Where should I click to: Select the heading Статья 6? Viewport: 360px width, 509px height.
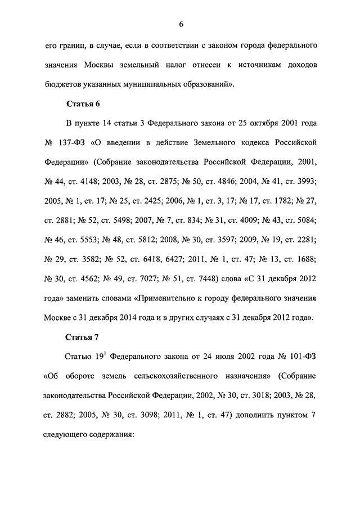(83, 103)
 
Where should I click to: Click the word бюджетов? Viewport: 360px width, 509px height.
(62, 84)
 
